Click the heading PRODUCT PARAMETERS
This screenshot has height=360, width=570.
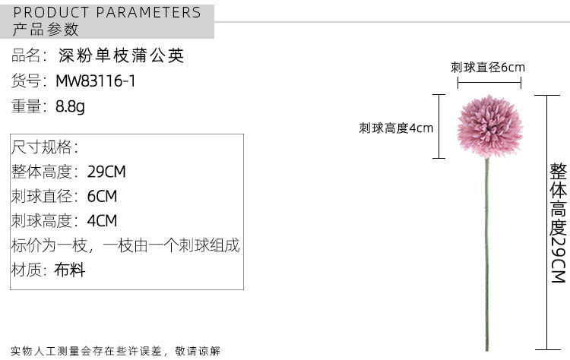(x=107, y=12)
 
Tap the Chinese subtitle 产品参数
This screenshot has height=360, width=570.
(x=46, y=30)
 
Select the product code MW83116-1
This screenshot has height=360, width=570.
(x=95, y=81)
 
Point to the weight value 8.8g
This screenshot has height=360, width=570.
(x=70, y=106)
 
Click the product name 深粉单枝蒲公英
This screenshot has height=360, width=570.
(x=122, y=56)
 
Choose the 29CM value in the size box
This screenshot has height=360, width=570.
(x=106, y=172)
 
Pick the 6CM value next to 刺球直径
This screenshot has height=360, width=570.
(x=102, y=197)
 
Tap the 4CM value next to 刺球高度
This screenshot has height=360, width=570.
(x=102, y=221)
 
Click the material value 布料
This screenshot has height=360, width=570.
(x=69, y=270)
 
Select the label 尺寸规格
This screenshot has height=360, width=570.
(x=44, y=147)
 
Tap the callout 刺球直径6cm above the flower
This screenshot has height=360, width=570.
(x=487, y=68)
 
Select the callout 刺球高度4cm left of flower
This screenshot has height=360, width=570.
(x=396, y=128)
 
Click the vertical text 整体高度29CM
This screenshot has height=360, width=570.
(x=559, y=223)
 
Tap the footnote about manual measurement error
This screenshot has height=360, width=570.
(x=116, y=351)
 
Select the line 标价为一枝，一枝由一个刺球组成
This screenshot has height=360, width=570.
(x=125, y=246)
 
